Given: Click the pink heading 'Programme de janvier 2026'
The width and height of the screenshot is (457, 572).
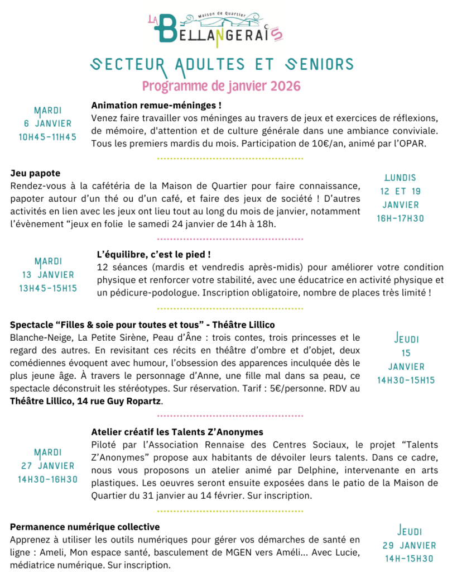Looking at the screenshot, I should coord(221,86).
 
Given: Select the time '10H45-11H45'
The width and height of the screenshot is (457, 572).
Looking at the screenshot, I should coord(47,137).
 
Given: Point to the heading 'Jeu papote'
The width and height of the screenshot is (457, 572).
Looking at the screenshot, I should coord(35,173).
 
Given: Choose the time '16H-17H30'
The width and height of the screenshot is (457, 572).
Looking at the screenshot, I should coord(400,218).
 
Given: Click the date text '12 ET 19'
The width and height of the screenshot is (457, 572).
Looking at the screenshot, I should coord(400,191).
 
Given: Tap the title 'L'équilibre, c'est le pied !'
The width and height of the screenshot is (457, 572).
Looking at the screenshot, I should coord(153,254).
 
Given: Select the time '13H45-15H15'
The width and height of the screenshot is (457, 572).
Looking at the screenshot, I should coord(47,288).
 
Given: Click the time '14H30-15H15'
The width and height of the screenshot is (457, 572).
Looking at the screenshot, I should coord(406,380).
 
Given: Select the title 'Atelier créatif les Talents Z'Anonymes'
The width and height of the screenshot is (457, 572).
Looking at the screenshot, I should coord(177,432).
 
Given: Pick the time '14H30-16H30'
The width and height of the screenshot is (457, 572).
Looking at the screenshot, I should coord(47,479).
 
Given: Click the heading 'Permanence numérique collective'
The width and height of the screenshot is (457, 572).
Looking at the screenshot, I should coord(85,527).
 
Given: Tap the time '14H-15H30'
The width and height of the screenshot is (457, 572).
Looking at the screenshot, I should coord(409,559).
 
